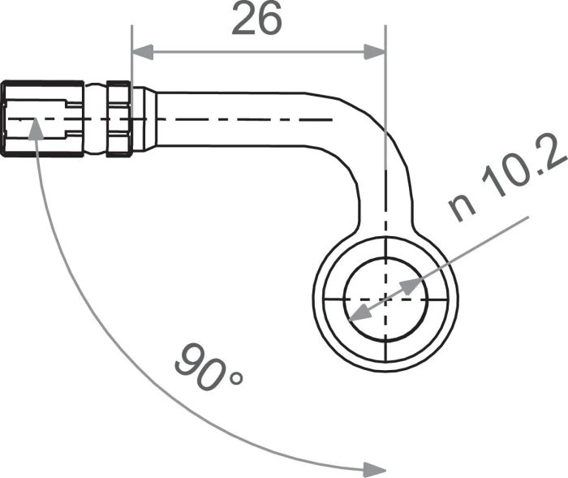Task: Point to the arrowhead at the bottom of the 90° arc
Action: click(374, 470)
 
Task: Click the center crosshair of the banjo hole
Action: click(386, 299)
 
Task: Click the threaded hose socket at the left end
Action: click(41, 118)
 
